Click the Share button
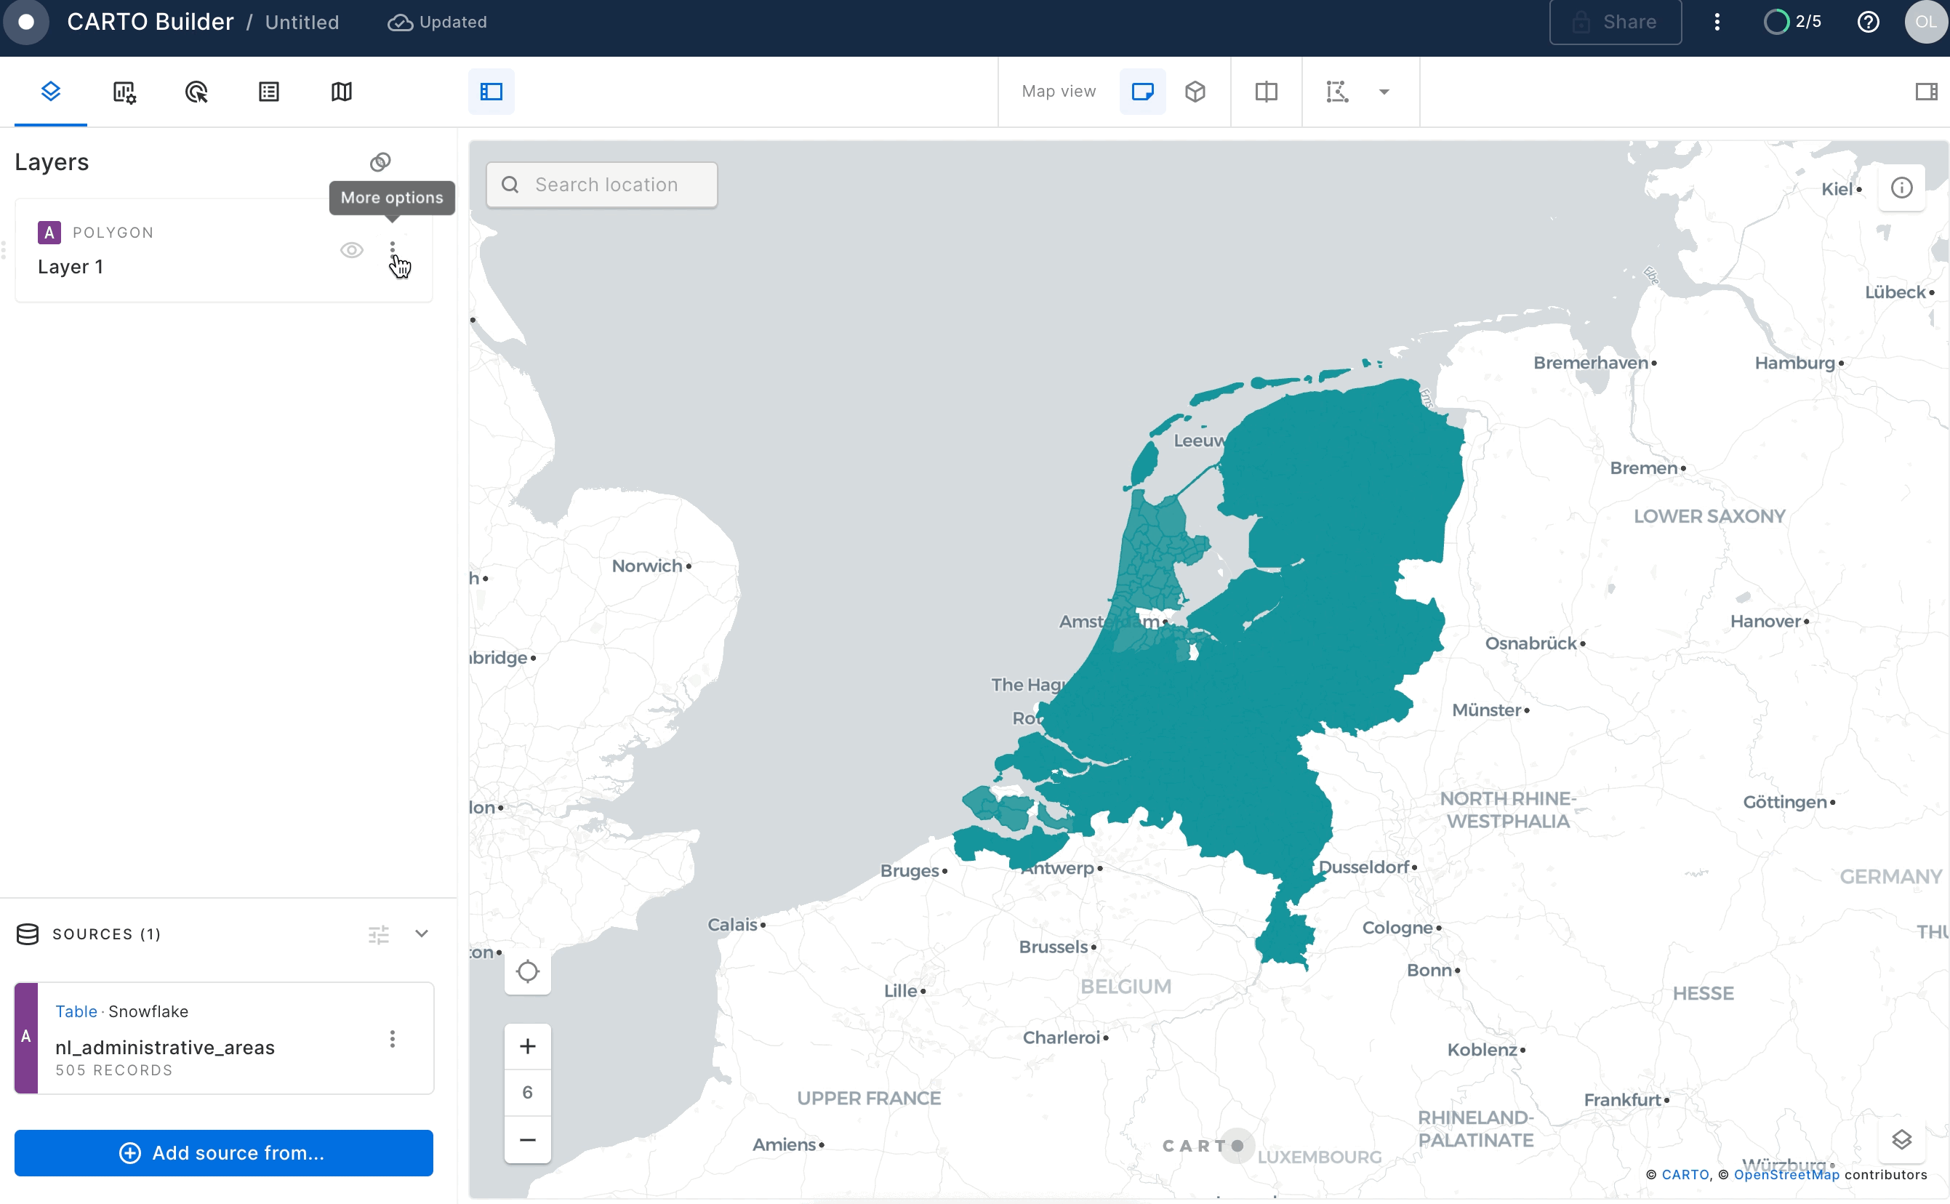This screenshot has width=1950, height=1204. (1615, 23)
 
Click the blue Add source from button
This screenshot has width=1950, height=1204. (224, 1152)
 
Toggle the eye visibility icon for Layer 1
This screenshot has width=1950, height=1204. (351, 250)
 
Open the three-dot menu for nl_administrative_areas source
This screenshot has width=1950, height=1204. (392, 1038)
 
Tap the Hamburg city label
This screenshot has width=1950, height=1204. (1794, 363)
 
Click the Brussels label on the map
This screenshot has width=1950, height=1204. (1053, 947)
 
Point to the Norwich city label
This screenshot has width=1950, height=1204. (646, 566)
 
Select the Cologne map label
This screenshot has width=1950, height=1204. (1397, 928)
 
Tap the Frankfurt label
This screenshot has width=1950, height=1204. (1621, 1100)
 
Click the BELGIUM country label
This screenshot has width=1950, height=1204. (1125, 987)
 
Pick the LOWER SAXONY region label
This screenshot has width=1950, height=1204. (1709, 516)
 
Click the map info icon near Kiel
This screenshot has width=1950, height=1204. (1901, 188)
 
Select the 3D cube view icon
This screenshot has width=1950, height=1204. (1195, 92)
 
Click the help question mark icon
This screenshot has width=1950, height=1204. (1868, 23)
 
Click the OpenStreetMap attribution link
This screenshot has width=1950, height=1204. (1786, 1174)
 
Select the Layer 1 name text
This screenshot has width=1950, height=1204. (70, 267)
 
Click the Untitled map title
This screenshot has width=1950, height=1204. (302, 23)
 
